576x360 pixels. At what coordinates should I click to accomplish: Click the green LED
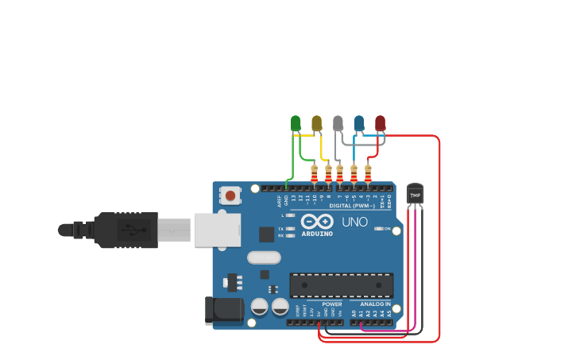tap(296, 123)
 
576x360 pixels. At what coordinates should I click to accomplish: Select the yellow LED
tap(317, 123)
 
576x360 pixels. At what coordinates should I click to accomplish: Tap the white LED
tap(338, 123)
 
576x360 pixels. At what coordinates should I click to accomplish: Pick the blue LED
tap(359, 123)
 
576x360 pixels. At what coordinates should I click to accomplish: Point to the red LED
tap(380, 123)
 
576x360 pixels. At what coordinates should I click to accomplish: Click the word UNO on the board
tap(354, 222)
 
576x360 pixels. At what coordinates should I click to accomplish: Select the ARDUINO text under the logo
tap(317, 234)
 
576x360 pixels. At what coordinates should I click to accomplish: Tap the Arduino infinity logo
tap(317, 222)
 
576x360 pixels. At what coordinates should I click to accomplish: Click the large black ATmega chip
tap(341, 285)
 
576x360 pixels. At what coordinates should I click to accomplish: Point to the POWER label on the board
tap(332, 304)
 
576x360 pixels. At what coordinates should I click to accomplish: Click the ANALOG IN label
tap(375, 304)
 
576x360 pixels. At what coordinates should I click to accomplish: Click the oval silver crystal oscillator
tap(264, 257)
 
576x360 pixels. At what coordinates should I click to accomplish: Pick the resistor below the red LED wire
tap(368, 173)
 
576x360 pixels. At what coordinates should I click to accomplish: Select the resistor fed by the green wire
tap(315, 173)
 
